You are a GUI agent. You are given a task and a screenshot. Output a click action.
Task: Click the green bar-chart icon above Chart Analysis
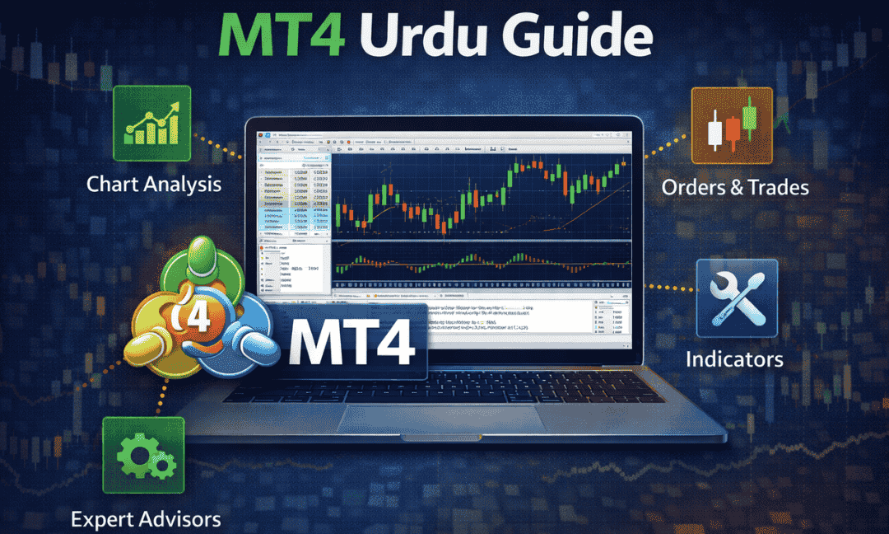(151, 124)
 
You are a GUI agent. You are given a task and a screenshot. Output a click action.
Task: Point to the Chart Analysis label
(154, 183)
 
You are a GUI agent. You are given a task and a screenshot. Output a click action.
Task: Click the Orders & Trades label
(735, 187)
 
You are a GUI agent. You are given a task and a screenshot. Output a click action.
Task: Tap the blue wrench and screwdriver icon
(737, 297)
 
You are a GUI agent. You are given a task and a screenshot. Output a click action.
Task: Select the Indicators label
(734, 359)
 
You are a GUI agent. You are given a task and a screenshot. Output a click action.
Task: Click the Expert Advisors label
(146, 519)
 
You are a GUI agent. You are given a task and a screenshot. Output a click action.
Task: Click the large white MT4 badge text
(352, 340)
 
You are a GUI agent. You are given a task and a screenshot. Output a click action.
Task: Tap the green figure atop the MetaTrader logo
(200, 261)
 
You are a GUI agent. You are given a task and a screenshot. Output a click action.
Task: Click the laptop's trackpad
(440, 418)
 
